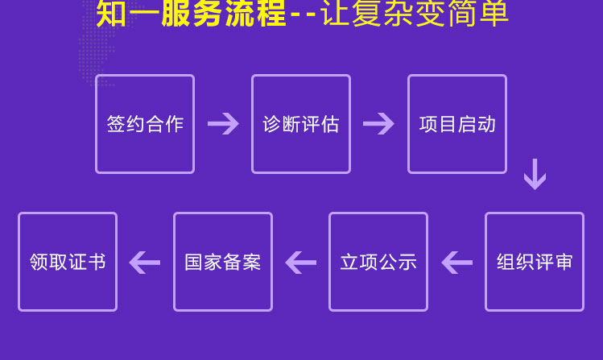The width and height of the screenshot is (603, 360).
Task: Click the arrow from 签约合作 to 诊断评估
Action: coord(224,124)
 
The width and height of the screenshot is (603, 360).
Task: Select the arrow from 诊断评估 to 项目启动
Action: coord(379,124)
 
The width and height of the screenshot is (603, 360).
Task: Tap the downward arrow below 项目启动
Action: coord(535,174)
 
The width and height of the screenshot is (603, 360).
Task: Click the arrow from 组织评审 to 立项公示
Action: coord(456,263)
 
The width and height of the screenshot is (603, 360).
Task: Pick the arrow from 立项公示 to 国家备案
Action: coord(301,263)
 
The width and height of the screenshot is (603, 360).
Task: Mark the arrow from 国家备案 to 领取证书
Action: coord(145,263)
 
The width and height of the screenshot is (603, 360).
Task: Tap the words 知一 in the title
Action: coord(128,13)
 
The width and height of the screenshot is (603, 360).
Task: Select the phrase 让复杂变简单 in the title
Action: coord(415,13)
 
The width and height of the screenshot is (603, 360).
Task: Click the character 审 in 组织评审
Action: coord(564,262)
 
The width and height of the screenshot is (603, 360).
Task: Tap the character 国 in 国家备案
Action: coord(194,262)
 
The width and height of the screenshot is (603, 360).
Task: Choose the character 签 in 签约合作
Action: coord(116,124)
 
